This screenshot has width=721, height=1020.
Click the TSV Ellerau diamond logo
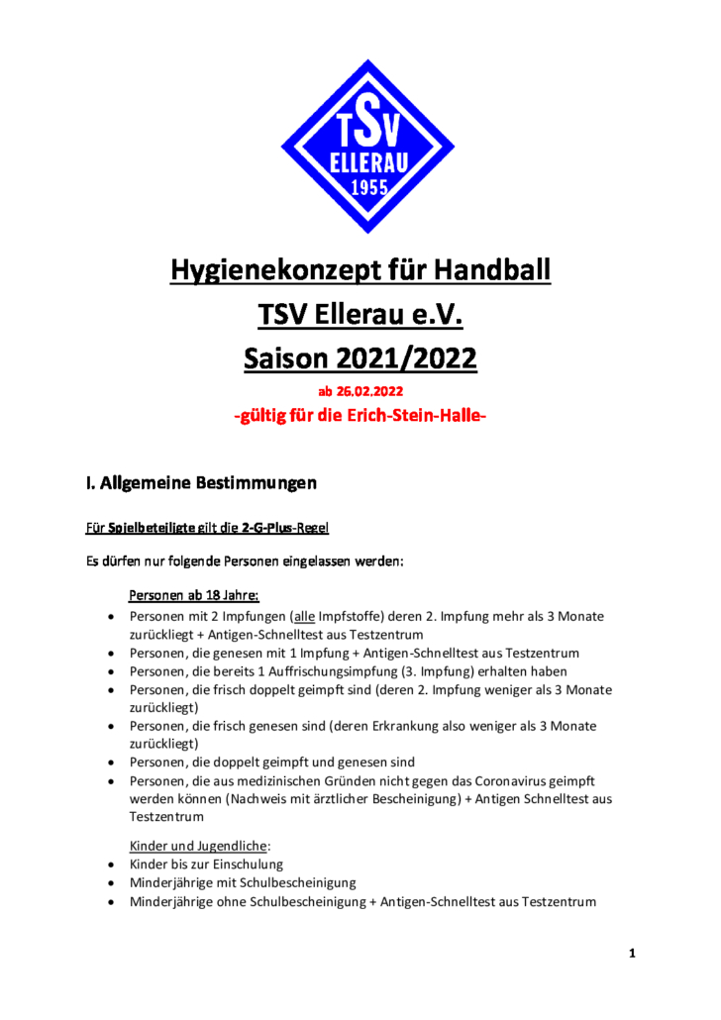click(367, 146)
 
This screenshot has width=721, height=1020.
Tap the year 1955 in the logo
click(368, 191)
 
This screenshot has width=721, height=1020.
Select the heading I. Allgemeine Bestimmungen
click(201, 484)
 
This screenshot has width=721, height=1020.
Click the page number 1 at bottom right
click(631, 954)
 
